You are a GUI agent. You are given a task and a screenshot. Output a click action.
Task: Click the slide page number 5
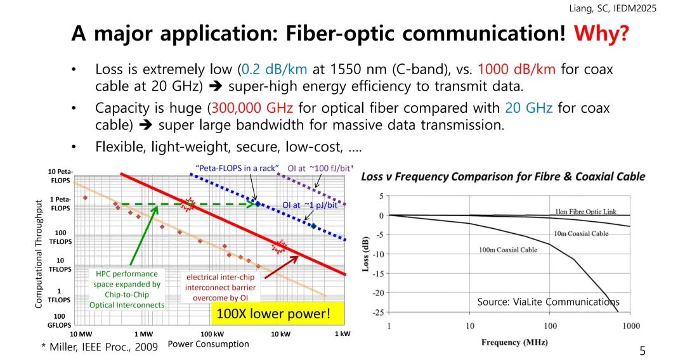click(x=642, y=350)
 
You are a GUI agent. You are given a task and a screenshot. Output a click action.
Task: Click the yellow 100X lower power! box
click(x=274, y=313)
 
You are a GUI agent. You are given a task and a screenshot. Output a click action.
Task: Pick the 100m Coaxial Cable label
click(x=508, y=250)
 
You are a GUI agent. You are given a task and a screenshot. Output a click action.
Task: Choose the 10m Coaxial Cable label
click(x=581, y=233)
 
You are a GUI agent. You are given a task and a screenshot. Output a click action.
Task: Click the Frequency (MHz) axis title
click(x=509, y=342)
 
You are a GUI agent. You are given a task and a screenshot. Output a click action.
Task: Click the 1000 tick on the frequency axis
click(x=630, y=326)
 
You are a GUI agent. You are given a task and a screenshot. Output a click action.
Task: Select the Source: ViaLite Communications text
click(x=548, y=302)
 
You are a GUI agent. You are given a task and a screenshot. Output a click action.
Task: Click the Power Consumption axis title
click(x=208, y=344)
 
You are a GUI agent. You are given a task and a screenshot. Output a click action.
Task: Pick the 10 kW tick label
click(x=280, y=333)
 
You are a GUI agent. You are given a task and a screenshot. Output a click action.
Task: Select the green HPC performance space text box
click(x=127, y=289)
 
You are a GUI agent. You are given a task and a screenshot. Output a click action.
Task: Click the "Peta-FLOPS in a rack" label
click(x=237, y=168)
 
